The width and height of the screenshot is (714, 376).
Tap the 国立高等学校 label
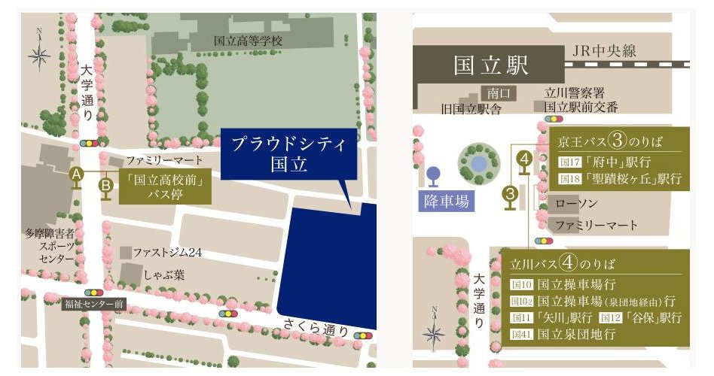point(247,41)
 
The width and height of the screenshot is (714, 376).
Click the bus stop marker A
point(76,174)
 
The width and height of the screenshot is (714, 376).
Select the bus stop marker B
point(106,183)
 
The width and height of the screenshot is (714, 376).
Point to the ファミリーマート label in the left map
point(164,160)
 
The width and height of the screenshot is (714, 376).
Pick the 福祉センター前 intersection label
point(94,305)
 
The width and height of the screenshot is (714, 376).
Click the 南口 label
point(499,94)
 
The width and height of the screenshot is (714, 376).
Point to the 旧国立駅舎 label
point(471,109)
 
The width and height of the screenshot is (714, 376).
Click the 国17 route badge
point(566,162)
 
